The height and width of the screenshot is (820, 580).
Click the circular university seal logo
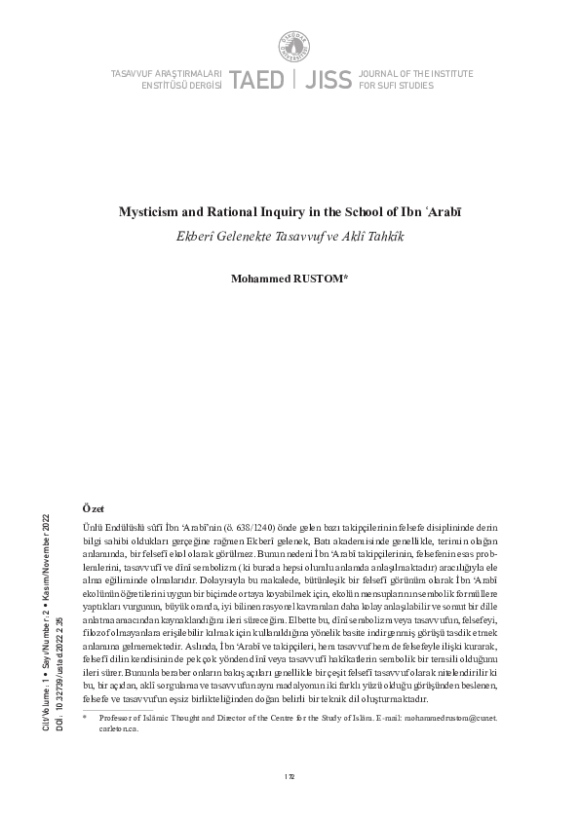pyautogui.click(x=290, y=44)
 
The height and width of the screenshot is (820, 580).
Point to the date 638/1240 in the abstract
pyautogui.click(x=239, y=526)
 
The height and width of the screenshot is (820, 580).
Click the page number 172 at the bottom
pyautogui.click(x=290, y=776)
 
